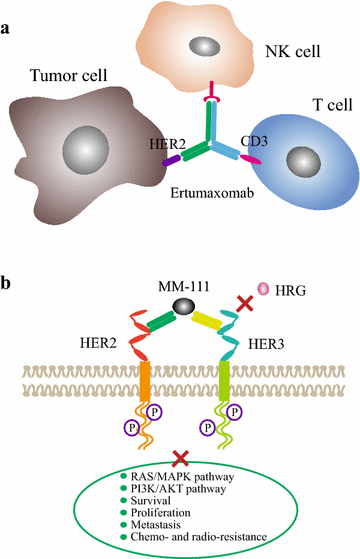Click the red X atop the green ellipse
click(182, 458)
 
